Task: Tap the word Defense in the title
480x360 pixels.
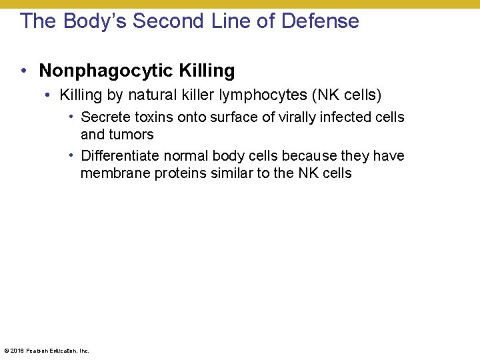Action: pos(320,21)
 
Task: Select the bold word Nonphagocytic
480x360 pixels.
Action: pos(107,71)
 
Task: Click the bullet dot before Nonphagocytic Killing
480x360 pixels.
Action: pos(23,71)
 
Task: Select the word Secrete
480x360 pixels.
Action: pos(103,117)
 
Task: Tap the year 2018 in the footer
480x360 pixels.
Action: pos(15,351)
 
